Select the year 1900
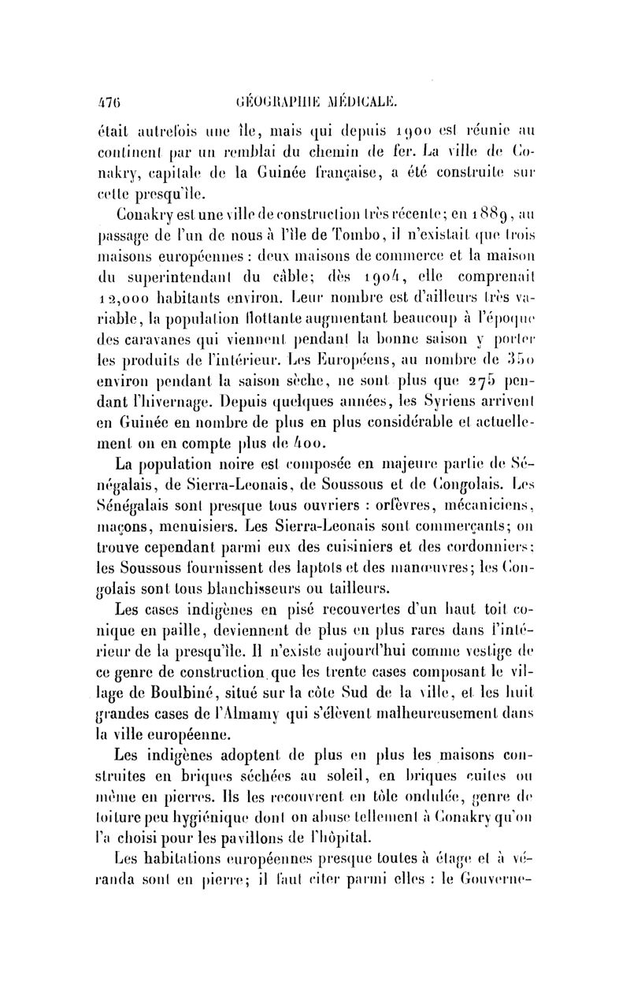pos(394,145)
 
